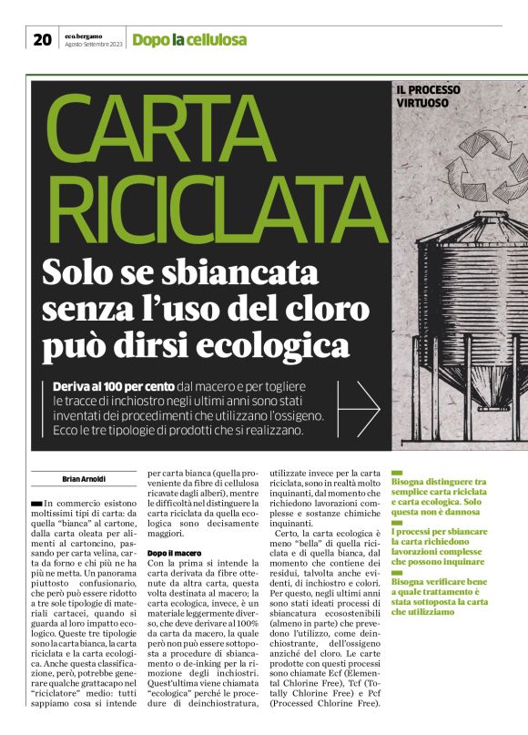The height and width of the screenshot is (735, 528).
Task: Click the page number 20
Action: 42,39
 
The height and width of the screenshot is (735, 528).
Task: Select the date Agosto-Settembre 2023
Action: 93,45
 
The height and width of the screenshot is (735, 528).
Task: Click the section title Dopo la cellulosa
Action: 189,40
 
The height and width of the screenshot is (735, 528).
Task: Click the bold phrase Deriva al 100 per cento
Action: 114,386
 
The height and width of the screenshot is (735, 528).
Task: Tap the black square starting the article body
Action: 36,503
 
